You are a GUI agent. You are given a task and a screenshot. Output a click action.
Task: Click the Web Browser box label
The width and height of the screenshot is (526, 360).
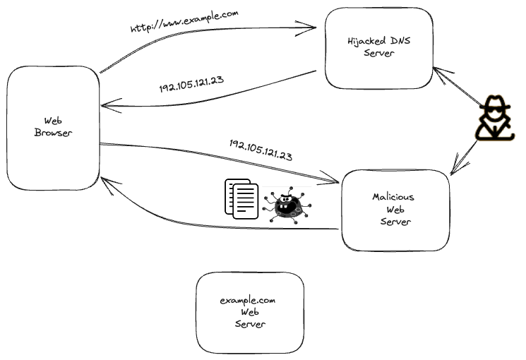(x=53, y=127)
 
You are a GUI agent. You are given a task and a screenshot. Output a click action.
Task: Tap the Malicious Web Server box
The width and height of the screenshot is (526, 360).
(x=395, y=210)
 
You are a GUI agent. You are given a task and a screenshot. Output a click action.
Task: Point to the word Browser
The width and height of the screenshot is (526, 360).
(x=53, y=133)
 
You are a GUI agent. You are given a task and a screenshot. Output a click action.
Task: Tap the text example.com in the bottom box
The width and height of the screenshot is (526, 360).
(x=247, y=300)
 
